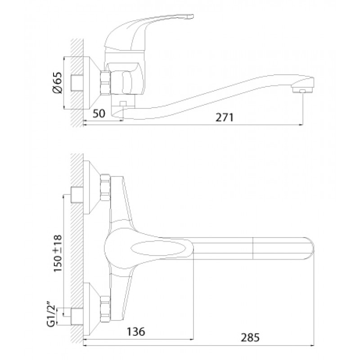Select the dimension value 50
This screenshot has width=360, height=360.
tap(99, 113)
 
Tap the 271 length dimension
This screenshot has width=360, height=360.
tap(225, 117)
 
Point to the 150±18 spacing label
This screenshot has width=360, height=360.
tap(58, 253)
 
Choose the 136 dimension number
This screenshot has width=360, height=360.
tap(136, 331)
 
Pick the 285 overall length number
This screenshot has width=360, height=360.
tap(250, 337)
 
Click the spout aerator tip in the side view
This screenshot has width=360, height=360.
tap(302, 90)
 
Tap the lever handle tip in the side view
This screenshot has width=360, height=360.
tap(190, 17)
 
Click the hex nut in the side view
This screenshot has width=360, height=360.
tap(106, 83)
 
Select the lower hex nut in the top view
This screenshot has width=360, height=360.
tap(106, 310)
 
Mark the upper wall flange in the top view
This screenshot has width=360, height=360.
tap(92, 187)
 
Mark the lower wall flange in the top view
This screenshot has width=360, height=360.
tap(92, 310)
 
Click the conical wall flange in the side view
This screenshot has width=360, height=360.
tap(92, 83)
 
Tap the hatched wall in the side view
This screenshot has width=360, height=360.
tap(77, 83)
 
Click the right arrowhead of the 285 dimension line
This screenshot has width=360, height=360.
tap(312, 345)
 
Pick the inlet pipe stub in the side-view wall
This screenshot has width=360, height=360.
tap(76, 83)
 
